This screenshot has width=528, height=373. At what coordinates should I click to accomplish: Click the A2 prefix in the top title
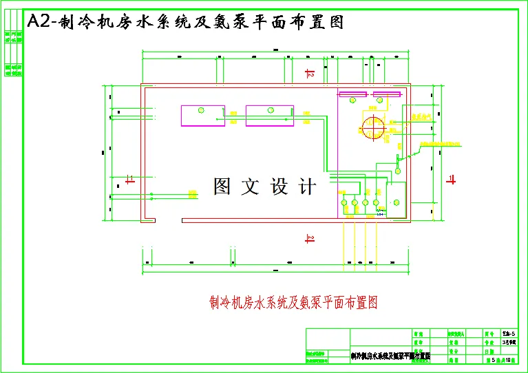tap(39, 22)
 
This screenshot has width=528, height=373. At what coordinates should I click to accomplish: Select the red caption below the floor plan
tap(294, 301)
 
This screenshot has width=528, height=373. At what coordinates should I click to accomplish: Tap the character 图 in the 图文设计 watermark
tap(222, 186)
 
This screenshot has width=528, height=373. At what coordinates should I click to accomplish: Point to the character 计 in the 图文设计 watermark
tap(307, 186)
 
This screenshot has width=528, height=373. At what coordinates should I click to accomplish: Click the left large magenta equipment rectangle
tap(203, 116)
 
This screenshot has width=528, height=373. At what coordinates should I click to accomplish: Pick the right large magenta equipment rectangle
tap(269, 116)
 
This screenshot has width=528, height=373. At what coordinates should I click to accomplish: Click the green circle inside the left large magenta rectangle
tap(201, 110)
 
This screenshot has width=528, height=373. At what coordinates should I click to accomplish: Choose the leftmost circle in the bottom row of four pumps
tap(344, 202)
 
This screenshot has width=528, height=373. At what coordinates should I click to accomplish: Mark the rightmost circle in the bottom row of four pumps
tap(376, 202)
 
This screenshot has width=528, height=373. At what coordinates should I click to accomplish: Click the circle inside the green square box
tap(396, 202)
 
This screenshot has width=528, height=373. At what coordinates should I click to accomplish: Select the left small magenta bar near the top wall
tap(352, 94)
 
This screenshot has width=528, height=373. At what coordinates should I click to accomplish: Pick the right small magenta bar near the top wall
tap(387, 94)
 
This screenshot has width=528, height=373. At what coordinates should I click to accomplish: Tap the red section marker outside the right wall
tap(452, 180)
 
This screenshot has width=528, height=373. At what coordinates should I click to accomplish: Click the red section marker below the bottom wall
tap(310, 239)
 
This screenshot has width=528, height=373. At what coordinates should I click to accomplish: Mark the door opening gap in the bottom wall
tap(169, 220)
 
